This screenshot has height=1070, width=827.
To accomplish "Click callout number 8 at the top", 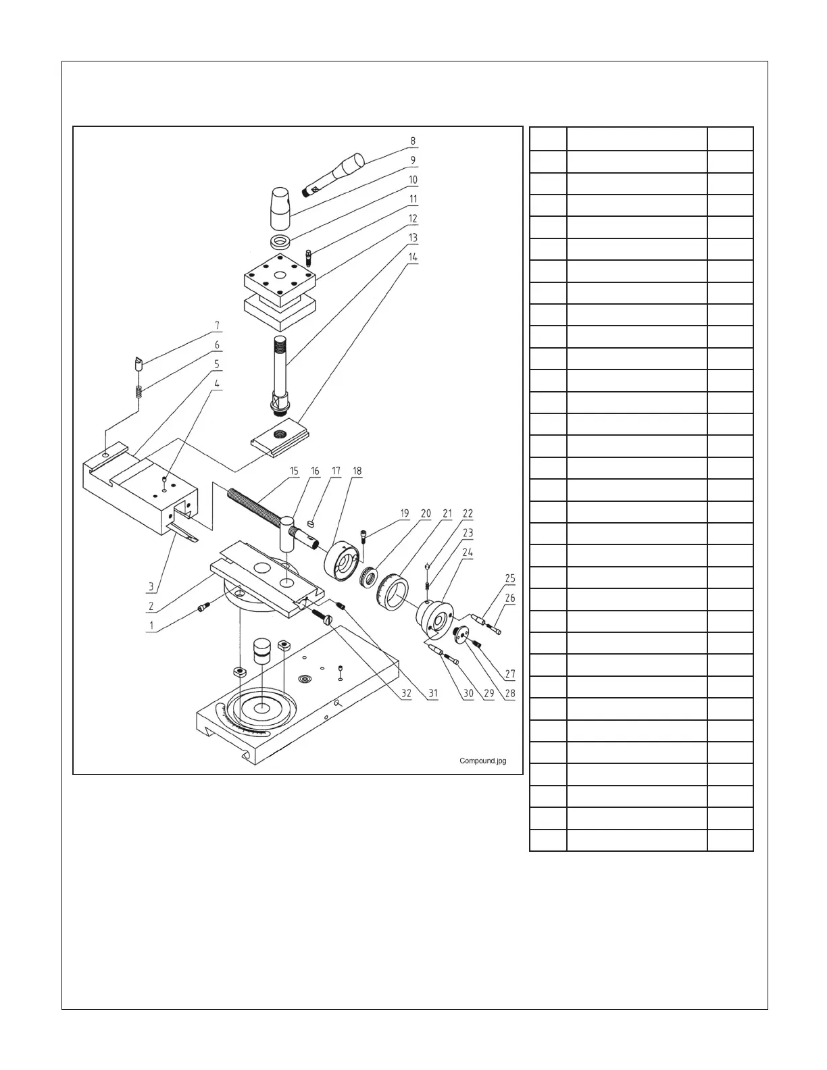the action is [413, 142].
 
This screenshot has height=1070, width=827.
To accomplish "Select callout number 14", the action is [413, 257].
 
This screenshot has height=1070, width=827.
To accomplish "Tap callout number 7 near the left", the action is [217, 326].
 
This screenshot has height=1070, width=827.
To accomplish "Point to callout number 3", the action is [151, 586].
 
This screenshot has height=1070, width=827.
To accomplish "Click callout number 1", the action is [151, 626].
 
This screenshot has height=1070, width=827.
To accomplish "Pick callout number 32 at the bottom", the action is [405, 694].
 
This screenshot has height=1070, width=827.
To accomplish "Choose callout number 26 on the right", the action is [510, 598].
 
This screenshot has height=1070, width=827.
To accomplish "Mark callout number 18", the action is [357, 472].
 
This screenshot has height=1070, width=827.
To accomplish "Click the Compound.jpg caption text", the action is [482, 761].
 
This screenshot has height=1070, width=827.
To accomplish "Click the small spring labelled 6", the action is [139, 391].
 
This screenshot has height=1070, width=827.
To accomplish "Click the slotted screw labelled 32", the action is [322, 615].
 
